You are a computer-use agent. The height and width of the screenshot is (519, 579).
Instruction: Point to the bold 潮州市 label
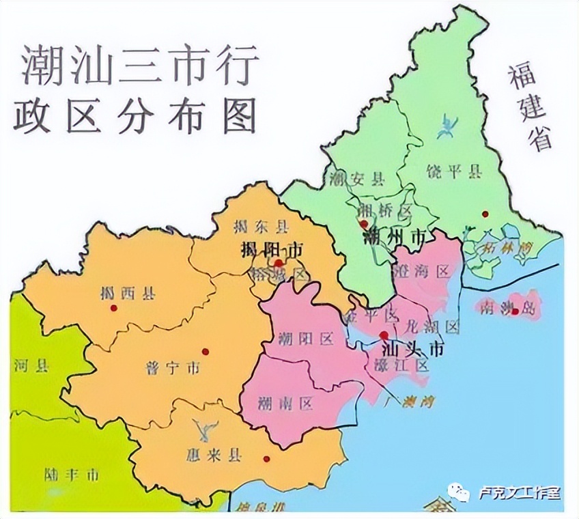(395, 238)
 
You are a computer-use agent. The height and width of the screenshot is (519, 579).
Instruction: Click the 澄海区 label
(423, 272)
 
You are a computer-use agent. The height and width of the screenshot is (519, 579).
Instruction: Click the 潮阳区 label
(306, 339)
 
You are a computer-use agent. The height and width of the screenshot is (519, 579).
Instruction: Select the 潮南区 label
(286, 404)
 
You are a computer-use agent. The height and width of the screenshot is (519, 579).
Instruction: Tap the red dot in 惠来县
(266, 459)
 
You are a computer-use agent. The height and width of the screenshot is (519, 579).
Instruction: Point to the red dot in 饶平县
(485, 214)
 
